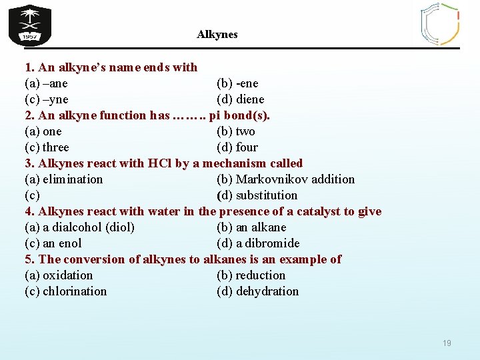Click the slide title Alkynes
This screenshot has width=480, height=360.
click(x=217, y=34)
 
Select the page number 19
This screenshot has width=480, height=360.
click(x=447, y=343)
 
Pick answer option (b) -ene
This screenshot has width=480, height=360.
click(x=237, y=83)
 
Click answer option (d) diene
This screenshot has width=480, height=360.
click(x=240, y=99)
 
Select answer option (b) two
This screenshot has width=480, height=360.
click(x=236, y=131)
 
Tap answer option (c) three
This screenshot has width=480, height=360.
click(x=47, y=147)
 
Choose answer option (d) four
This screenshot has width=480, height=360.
click(x=237, y=147)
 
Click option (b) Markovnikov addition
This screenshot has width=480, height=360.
click(x=285, y=179)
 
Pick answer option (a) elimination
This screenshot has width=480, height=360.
click(x=64, y=179)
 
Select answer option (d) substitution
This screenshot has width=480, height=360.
click(x=257, y=195)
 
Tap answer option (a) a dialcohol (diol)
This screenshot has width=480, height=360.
click(x=79, y=227)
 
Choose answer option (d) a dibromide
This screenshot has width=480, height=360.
click(x=258, y=243)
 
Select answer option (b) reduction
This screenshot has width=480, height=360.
click(x=251, y=275)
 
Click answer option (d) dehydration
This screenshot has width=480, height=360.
click(x=257, y=291)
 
